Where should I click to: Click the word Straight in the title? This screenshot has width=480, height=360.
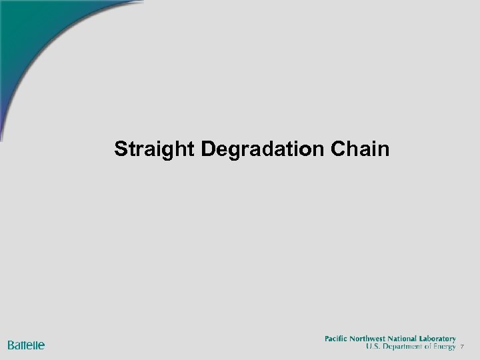tap(155, 149)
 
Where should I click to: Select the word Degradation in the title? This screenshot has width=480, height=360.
tap(262, 149)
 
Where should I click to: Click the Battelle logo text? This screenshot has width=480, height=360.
tap(26, 345)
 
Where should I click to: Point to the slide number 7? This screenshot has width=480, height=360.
tap(463, 347)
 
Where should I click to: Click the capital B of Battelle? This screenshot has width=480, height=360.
tap(11, 345)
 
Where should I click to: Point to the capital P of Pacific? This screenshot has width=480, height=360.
tap(327, 339)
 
